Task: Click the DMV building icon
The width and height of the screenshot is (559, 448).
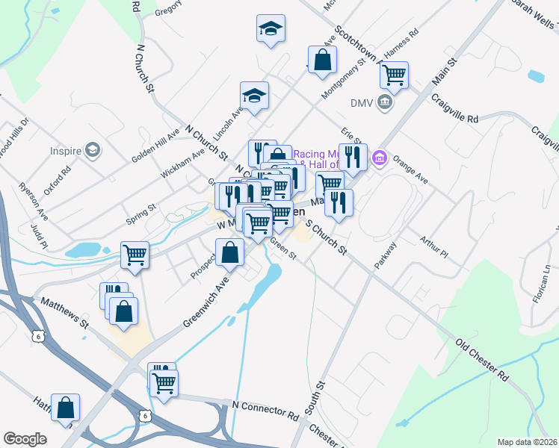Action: tap(384, 102)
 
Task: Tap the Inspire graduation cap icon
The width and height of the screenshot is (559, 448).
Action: tap(93, 150)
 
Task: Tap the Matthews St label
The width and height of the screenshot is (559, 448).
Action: tap(65, 314)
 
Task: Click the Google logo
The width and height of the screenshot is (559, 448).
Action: tap(25, 438)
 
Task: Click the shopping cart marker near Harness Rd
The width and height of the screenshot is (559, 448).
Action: tap(393, 75)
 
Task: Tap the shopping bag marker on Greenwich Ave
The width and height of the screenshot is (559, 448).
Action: tap(229, 253)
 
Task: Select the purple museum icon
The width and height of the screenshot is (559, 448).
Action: tap(379, 157)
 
